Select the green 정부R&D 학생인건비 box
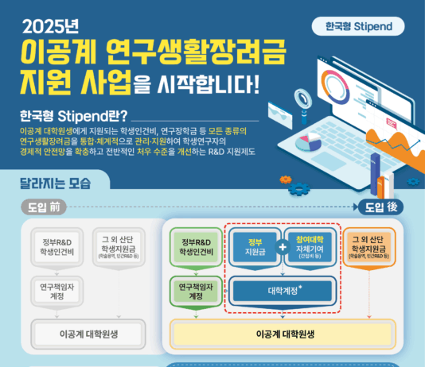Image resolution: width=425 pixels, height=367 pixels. (x=195, y=247)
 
